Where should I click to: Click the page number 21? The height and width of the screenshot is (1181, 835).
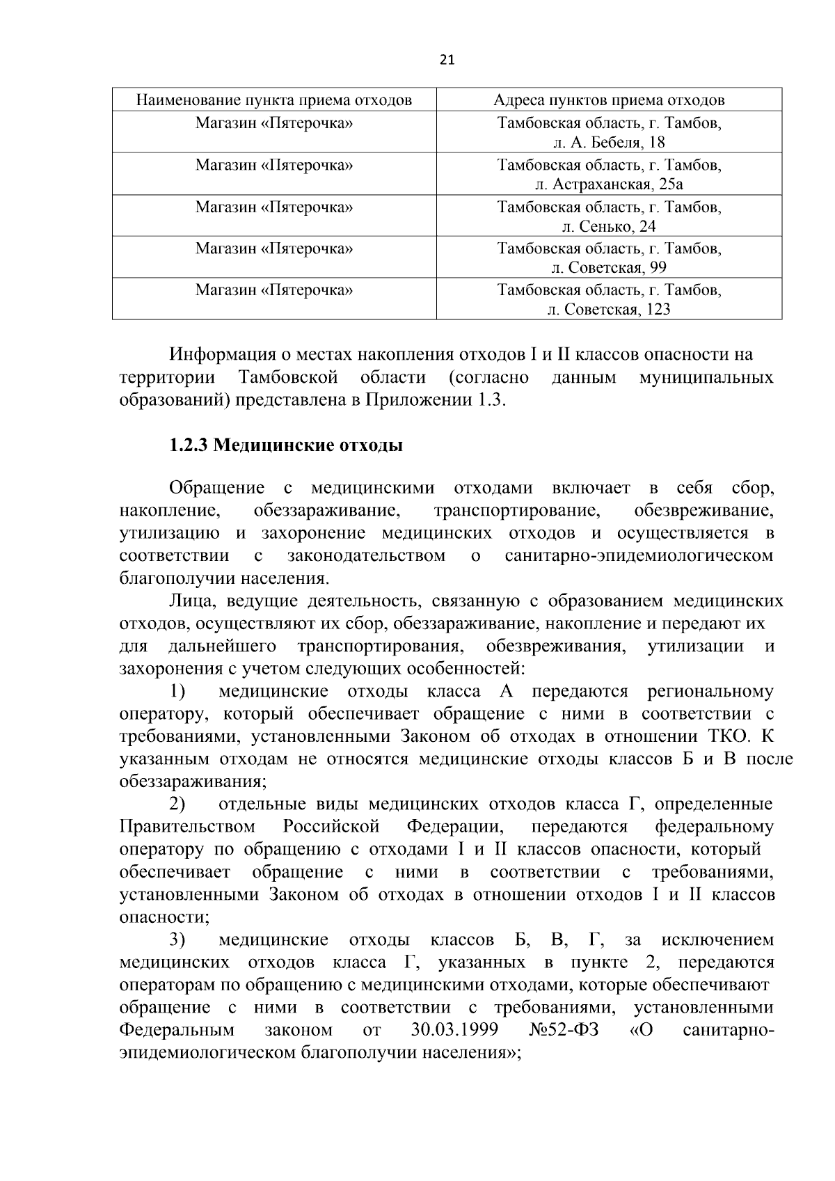click(447, 60)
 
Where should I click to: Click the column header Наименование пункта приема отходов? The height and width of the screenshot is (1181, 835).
click(273, 100)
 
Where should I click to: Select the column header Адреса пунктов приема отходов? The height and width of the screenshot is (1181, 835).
click(609, 100)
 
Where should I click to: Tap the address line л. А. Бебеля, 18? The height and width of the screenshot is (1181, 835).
click(609, 143)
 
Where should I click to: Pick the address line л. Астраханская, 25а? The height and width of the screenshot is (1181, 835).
click(609, 184)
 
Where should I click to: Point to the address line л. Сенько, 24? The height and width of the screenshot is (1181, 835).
click(609, 226)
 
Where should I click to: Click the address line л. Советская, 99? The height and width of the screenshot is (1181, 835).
click(609, 268)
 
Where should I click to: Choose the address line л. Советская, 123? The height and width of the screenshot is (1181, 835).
click(609, 310)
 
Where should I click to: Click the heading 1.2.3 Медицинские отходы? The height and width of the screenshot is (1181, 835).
click(286, 445)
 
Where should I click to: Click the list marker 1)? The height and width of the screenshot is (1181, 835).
click(177, 692)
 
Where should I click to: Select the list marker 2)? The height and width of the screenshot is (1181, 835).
click(177, 804)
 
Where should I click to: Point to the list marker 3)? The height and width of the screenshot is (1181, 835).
click(177, 940)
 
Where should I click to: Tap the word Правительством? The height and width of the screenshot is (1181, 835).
click(187, 827)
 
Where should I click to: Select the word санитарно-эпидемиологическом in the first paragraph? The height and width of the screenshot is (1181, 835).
click(639, 556)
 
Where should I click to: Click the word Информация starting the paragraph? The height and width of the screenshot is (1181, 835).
click(225, 355)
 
